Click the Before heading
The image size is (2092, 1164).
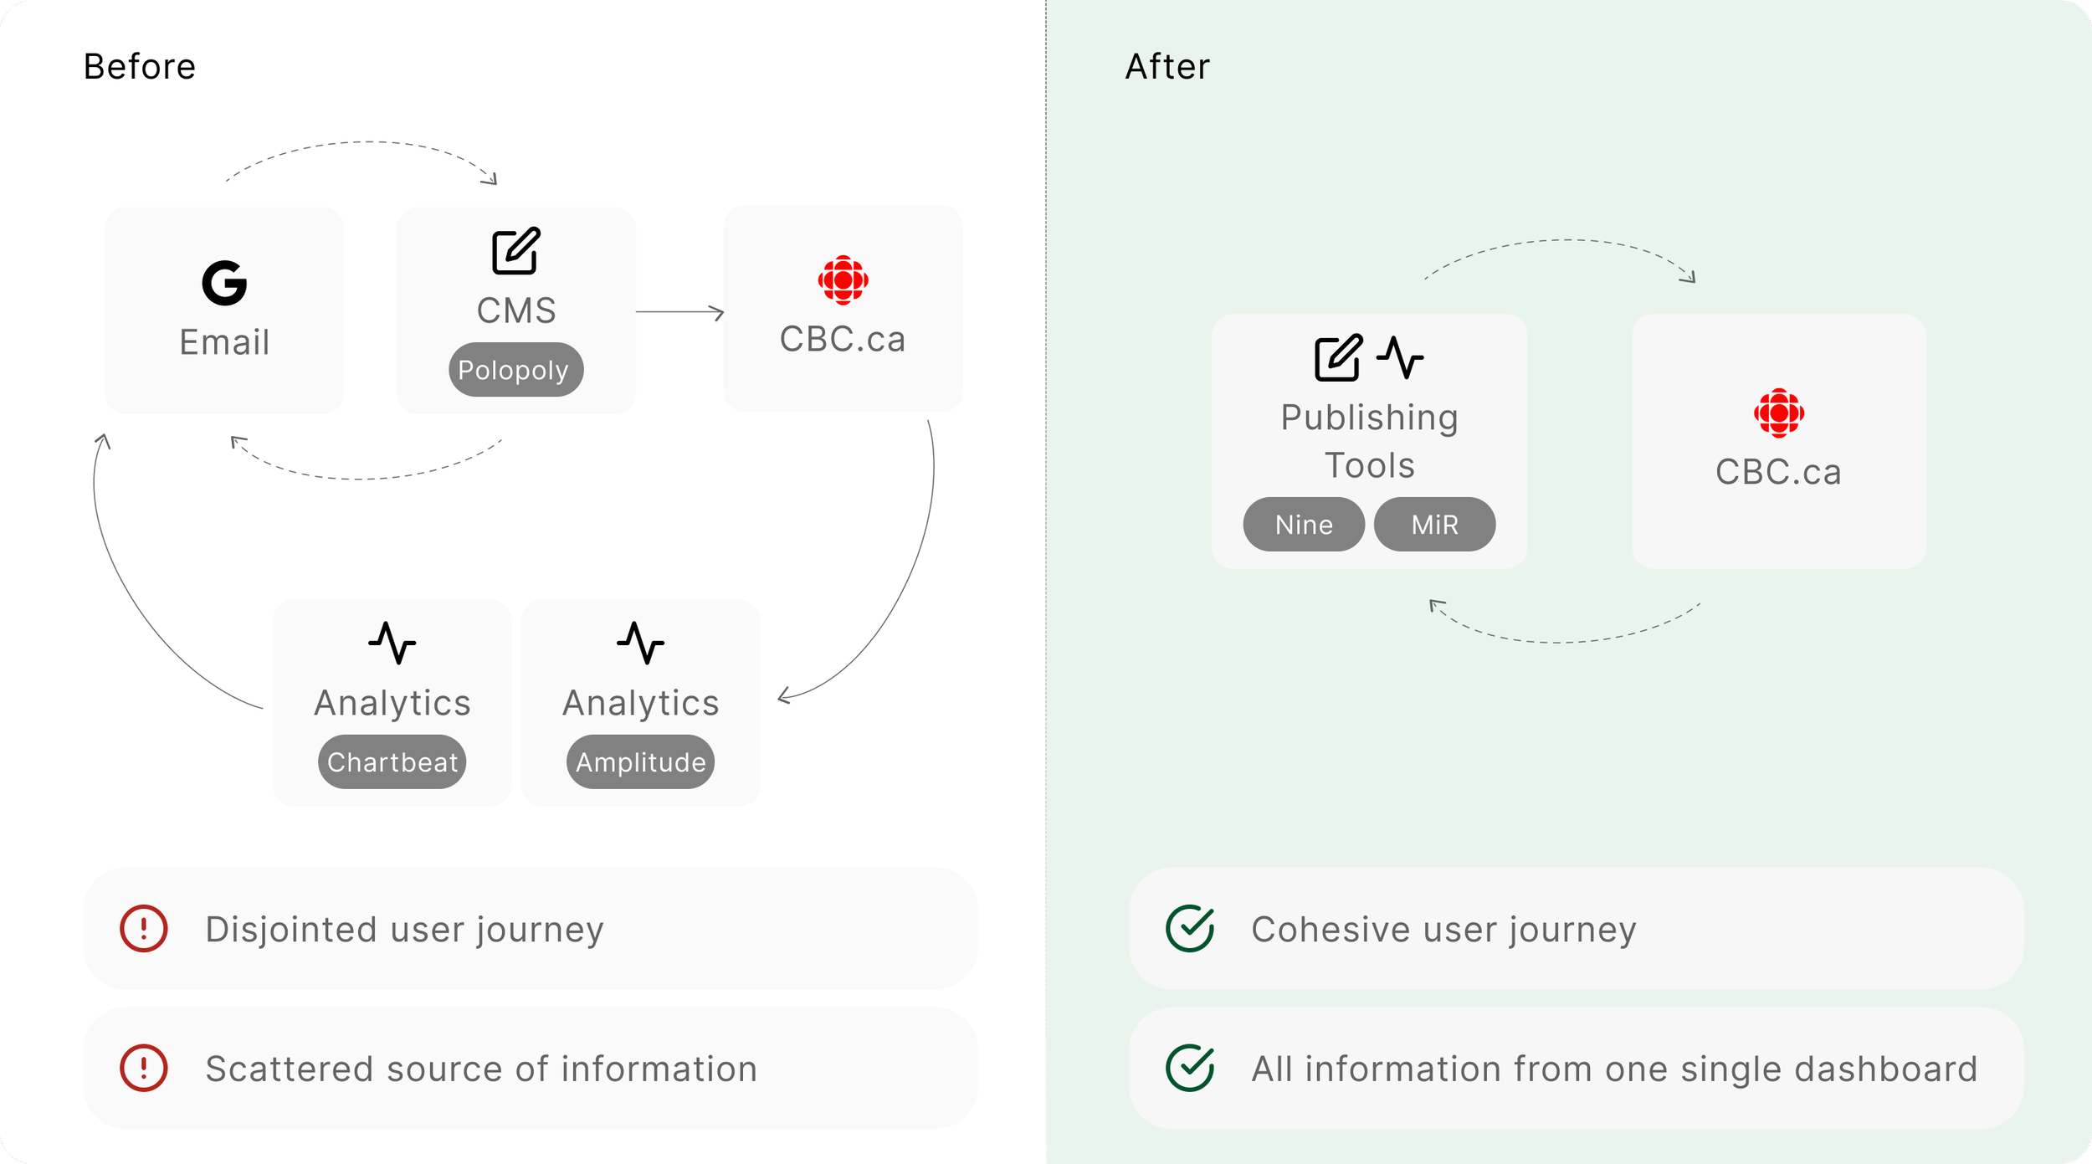(x=140, y=66)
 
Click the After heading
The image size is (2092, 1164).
(x=1167, y=66)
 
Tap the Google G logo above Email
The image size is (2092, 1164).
(x=224, y=282)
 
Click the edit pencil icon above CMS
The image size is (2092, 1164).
(x=516, y=250)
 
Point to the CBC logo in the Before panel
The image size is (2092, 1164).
(x=843, y=279)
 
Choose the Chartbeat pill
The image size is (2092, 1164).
(x=392, y=761)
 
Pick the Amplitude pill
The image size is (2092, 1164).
(x=640, y=761)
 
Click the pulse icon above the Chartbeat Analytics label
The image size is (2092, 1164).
(x=392, y=643)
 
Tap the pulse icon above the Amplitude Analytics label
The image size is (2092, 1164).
(x=640, y=643)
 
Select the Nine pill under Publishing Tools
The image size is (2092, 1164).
(x=1304, y=524)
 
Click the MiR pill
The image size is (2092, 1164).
(x=1434, y=524)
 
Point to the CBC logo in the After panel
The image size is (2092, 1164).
(x=1779, y=413)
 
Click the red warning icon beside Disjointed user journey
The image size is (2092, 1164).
(x=144, y=929)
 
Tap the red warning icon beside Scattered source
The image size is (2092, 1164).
(x=144, y=1068)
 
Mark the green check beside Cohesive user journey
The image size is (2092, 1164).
(x=1190, y=929)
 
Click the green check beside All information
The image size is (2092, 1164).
(x=1190, y=1068)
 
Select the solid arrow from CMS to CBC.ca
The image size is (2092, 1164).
(x=680, y=312)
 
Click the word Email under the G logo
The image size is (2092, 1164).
(x=224, y=342)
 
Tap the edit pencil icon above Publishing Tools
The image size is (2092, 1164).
(x=1338, y=358)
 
